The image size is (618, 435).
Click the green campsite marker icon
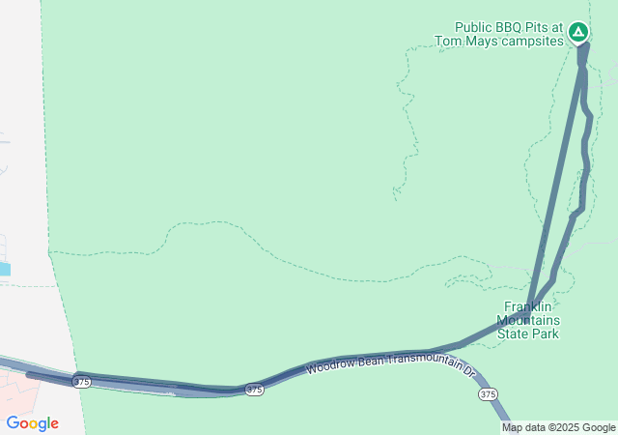pos(578,33)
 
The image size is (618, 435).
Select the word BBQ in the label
pos(514,27)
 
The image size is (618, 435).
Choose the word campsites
pos(530,43)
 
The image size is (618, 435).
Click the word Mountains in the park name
pos(528,320)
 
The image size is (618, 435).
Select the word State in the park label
pos(513,334)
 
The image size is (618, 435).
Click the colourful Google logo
pos(32,423)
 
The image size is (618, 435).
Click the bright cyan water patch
pos(5,269)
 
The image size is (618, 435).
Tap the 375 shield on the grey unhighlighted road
pos(488,394)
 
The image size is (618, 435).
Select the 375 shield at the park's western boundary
pos(82,383)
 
